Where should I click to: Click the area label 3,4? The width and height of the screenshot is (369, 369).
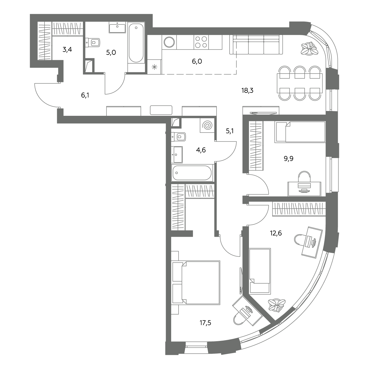(67, 50)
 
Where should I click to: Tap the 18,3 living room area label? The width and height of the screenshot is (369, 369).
(248, 90)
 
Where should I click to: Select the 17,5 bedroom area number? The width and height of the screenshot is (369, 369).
(206, 323)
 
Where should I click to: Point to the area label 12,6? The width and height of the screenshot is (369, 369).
(276, 233)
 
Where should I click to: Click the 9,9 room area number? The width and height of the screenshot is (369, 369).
(289, 159)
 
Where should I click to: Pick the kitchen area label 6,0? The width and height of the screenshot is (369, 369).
(197, 62)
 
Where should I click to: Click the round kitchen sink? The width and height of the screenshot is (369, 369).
(169, 42)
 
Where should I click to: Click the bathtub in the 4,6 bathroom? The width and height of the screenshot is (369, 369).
(192, 173)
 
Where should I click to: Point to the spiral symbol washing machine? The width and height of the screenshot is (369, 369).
(207, 125)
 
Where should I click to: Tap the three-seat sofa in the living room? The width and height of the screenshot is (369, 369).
(256, 45)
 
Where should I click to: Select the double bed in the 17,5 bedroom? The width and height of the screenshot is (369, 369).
(196, 283)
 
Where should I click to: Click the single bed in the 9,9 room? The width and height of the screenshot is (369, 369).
(300, 132)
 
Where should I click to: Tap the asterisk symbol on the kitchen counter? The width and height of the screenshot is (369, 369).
(154, 67)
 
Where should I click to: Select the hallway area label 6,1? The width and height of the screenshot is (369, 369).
(85, 95)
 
